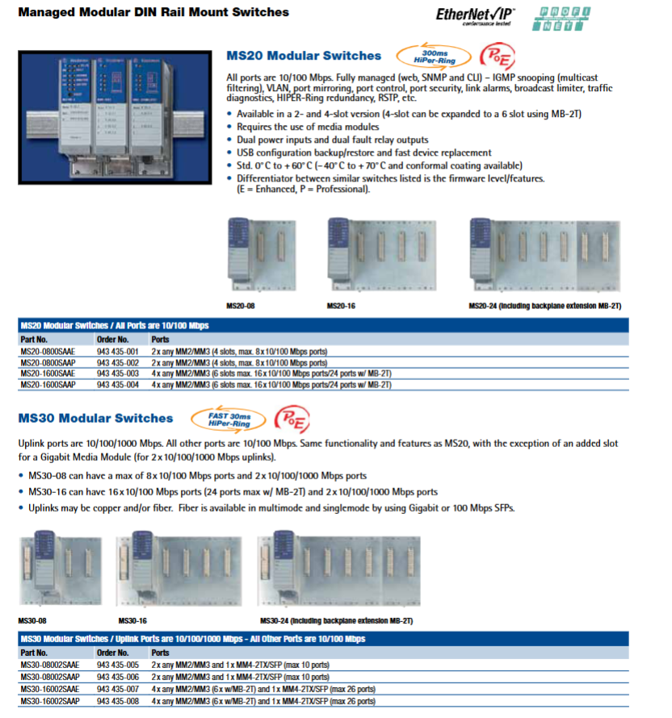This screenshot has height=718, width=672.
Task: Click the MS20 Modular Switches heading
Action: pyautogui.click(x=304, y=56)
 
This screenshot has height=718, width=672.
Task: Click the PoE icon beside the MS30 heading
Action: pyautogui.click(x=292, y=418)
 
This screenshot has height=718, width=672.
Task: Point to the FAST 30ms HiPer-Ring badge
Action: pyautogui.click(x=229, y=418)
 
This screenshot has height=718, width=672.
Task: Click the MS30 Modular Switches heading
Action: pyautogui.click(x=95, y=418)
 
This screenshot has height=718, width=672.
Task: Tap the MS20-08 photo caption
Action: pyautogui.click(x=241, y=307)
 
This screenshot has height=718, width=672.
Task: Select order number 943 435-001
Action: pyautogui.click(x=118, y=352)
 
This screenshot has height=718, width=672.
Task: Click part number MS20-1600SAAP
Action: pyautogui.click(x=49, y=385)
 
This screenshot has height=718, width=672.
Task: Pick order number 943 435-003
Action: pyautogui.click(x=118, y=374)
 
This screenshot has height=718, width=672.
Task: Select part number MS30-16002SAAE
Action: pyautogui.click(x=50, y=690)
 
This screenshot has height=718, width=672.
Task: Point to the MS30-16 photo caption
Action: pyautogui.click(x=132, y=621)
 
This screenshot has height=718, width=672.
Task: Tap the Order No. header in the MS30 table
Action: pyautogui.click(x=112, y=653)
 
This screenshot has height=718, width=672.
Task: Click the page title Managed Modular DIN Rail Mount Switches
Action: pyautogui.click(x=153, y=13)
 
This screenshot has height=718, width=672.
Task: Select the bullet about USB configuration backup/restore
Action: pyautogui.click(x=363, y=152)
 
